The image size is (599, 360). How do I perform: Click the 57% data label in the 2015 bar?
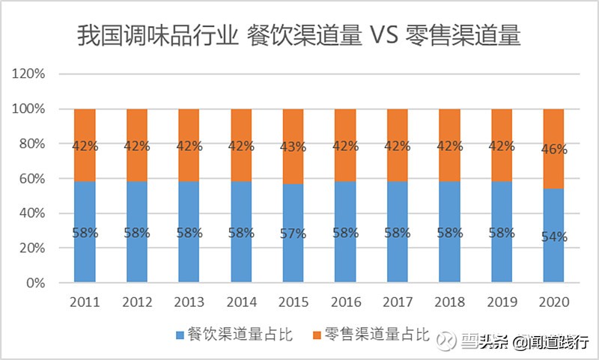coord(293,234)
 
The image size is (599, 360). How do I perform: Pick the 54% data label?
coord(553,237)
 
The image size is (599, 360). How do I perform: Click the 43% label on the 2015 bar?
coord(293,147)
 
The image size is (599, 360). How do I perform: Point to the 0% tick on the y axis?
coord(36,284)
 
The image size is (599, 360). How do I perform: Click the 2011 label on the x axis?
coord(85,303)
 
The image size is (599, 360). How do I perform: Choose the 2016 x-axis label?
coord(345,303)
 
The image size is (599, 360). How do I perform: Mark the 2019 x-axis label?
coord(502,303)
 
